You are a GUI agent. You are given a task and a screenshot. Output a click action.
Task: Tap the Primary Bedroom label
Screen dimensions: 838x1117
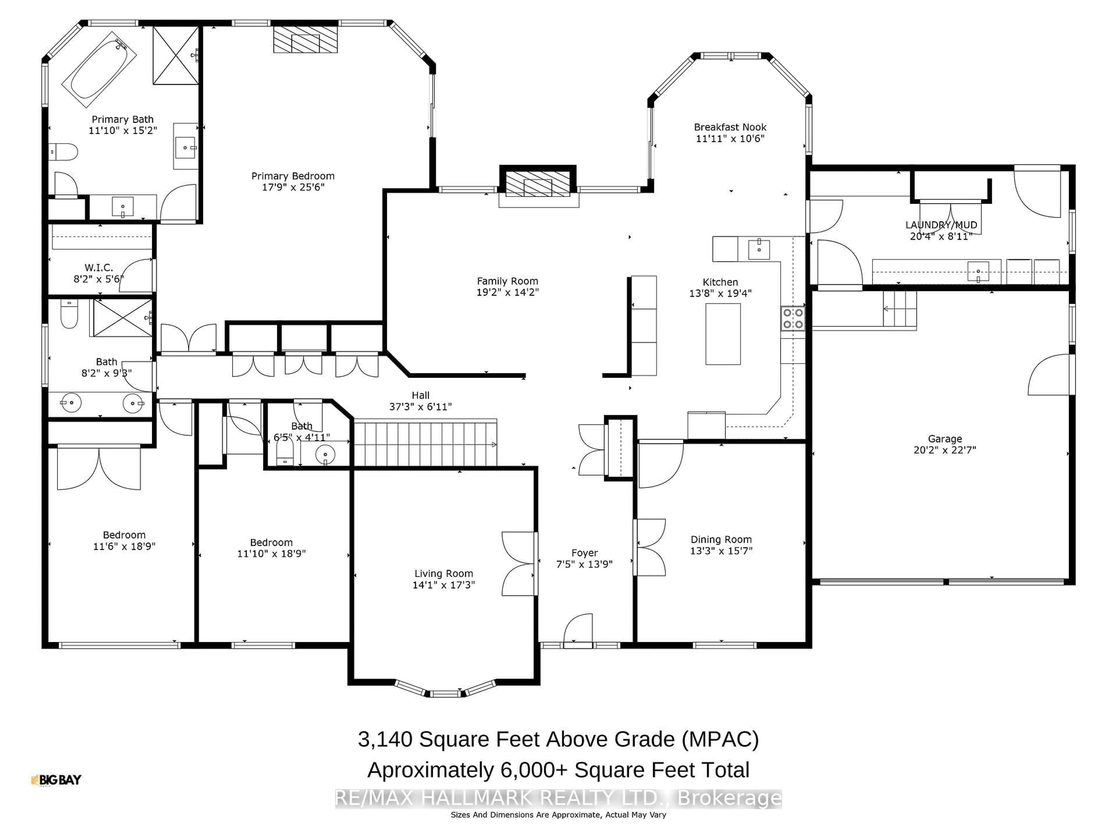tap(293, 176)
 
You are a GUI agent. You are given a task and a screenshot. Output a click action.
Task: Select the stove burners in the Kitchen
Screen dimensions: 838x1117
tap(792, 319)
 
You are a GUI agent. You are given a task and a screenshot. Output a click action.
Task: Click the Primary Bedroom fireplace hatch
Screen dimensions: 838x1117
tap(305, 39)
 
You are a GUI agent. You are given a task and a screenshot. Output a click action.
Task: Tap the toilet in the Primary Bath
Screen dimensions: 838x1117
tap(64, 151)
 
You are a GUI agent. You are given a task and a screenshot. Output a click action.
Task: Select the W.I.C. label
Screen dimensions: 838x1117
tap(99, 268)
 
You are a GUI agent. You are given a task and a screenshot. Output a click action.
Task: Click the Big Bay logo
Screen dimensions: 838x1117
tap(56, 780)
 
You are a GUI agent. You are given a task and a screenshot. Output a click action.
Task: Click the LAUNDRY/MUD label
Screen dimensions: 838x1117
tap(941, 225)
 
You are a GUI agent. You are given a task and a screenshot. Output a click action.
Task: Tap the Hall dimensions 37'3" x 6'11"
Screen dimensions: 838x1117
tap(420, 406)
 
